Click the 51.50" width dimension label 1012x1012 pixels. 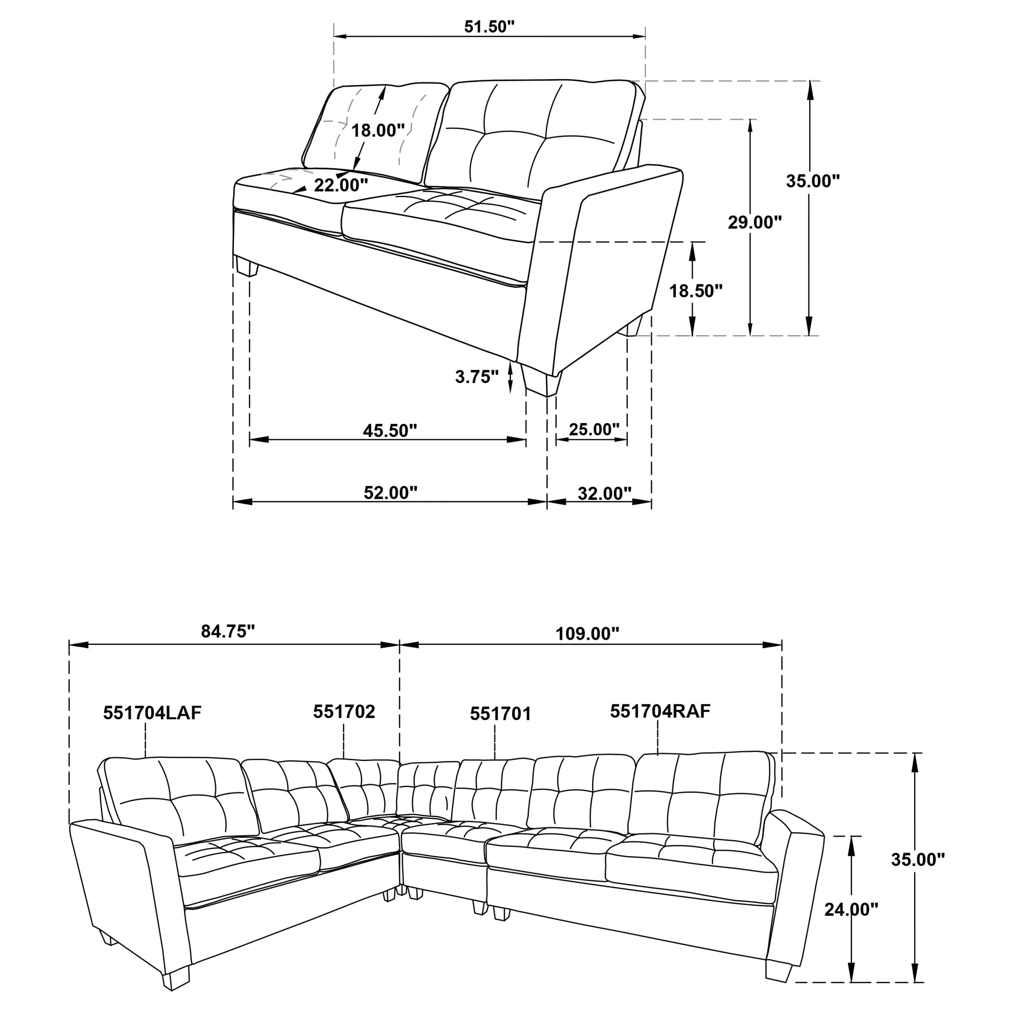489,27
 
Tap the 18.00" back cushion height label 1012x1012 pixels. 378,130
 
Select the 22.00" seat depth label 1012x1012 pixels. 340,185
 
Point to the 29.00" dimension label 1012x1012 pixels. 754,223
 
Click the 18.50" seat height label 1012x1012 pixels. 695,291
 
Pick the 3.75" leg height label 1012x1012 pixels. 476,376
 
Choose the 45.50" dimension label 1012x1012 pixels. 390,431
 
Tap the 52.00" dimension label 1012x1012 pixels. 390,492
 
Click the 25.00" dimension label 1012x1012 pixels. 594,429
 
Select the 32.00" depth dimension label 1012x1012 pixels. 604,493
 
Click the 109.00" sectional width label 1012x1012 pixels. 587,634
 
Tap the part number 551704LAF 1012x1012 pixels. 152,713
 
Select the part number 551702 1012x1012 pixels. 344,711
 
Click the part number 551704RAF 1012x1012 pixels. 660,711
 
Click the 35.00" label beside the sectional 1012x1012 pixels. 918,859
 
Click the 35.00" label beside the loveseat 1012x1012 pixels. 812,181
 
